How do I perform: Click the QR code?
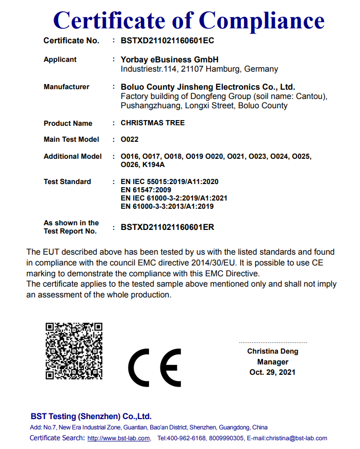[74, 351]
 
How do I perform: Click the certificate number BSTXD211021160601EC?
[167, 40]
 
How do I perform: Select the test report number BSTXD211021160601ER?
[167, 227]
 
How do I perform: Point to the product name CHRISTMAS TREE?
[152, 123]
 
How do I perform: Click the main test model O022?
[129, 139]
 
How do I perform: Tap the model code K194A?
[154, 165]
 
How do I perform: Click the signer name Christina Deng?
[272, 351]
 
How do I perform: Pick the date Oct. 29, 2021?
[272, 372]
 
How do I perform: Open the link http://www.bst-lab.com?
[118, 438]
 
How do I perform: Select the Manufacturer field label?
[67, 87]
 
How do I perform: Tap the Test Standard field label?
[67, 181]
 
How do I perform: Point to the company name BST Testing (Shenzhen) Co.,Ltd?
[91, 417]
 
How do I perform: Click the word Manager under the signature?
[272, 362]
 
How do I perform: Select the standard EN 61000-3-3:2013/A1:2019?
[167, 206]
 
